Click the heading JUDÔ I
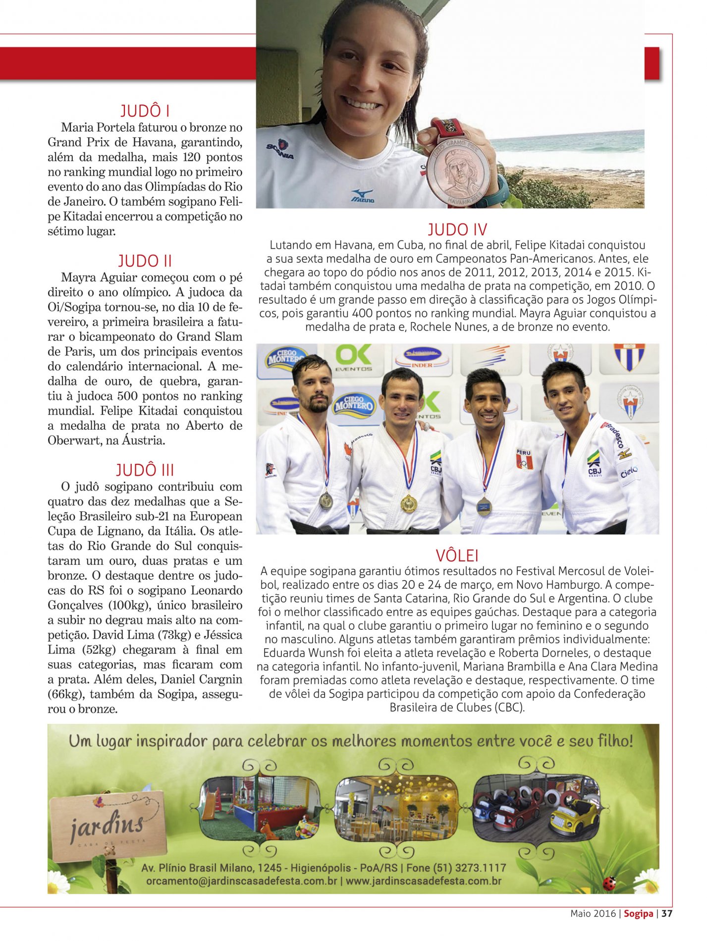point(145,111)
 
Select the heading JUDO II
point(145,261)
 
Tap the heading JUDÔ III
point(145,470)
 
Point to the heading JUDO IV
point(457,229)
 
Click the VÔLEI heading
point(457,555)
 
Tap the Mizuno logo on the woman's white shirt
point(363,195)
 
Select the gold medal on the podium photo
point(408,503)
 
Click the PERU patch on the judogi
point(524,458)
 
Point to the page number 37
point(667,913)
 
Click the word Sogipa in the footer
point(638,913)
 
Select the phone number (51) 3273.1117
point(469,868)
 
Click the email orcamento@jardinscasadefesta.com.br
point(241,882)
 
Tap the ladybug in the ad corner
point(609,883)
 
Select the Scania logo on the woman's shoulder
point(280,150)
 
